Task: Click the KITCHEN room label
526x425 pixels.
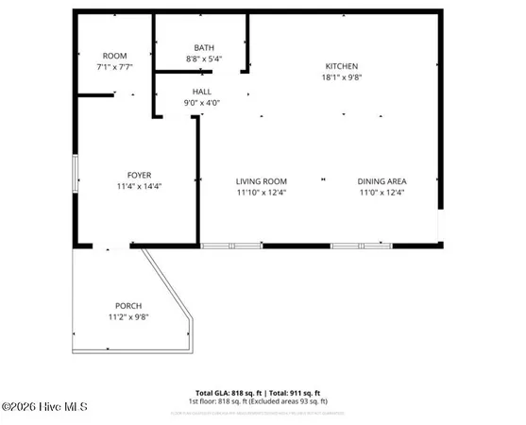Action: point(342,65)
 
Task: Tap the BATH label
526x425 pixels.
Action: point(204,47)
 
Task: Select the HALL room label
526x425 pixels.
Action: point(201,92)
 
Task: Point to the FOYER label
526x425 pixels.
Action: point(140,175)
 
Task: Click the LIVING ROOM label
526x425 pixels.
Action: point(262,181)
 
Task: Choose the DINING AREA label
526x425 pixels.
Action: point(382,181)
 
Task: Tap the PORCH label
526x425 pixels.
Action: point(128,305)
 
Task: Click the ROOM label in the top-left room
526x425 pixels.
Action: point(114,56)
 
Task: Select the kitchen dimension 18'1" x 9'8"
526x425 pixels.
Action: point(342,76)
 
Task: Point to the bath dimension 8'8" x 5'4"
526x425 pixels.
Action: point(204,59)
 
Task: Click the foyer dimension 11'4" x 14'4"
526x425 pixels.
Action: point(140,186)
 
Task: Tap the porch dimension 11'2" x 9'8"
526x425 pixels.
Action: point(128,316)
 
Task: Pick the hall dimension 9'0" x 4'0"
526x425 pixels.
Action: point(201,103)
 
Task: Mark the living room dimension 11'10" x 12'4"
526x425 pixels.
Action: point(262,193)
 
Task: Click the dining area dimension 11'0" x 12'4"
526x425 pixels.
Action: point(382,193)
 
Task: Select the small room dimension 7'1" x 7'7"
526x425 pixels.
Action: point(114,67)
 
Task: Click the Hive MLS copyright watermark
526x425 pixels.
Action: point(44,407)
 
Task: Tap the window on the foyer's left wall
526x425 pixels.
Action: point(75,175)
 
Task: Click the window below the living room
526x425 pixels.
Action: point(232,246)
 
